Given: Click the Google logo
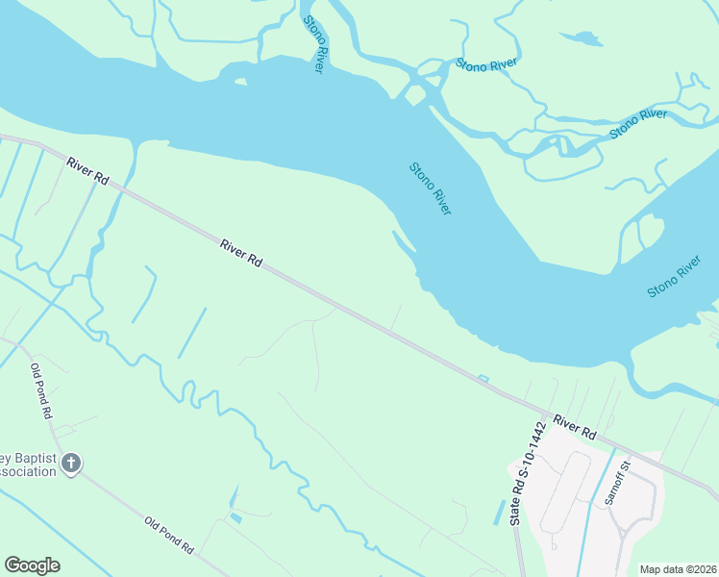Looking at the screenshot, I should point(32,565).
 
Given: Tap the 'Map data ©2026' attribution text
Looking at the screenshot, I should point(678,569).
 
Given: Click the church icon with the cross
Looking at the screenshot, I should point(70,464).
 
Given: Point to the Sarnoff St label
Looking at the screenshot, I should point(616,483).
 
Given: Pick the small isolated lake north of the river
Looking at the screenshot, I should point(583,39).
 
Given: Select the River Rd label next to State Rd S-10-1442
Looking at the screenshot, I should point(575,428).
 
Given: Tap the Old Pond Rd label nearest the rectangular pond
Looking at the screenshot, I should point(169,536).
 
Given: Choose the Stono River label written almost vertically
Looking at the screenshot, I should point(314,44).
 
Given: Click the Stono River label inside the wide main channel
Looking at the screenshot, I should point(431,188).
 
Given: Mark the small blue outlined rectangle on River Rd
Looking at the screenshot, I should point(483,379).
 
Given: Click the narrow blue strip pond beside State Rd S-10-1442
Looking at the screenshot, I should point(499,513).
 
